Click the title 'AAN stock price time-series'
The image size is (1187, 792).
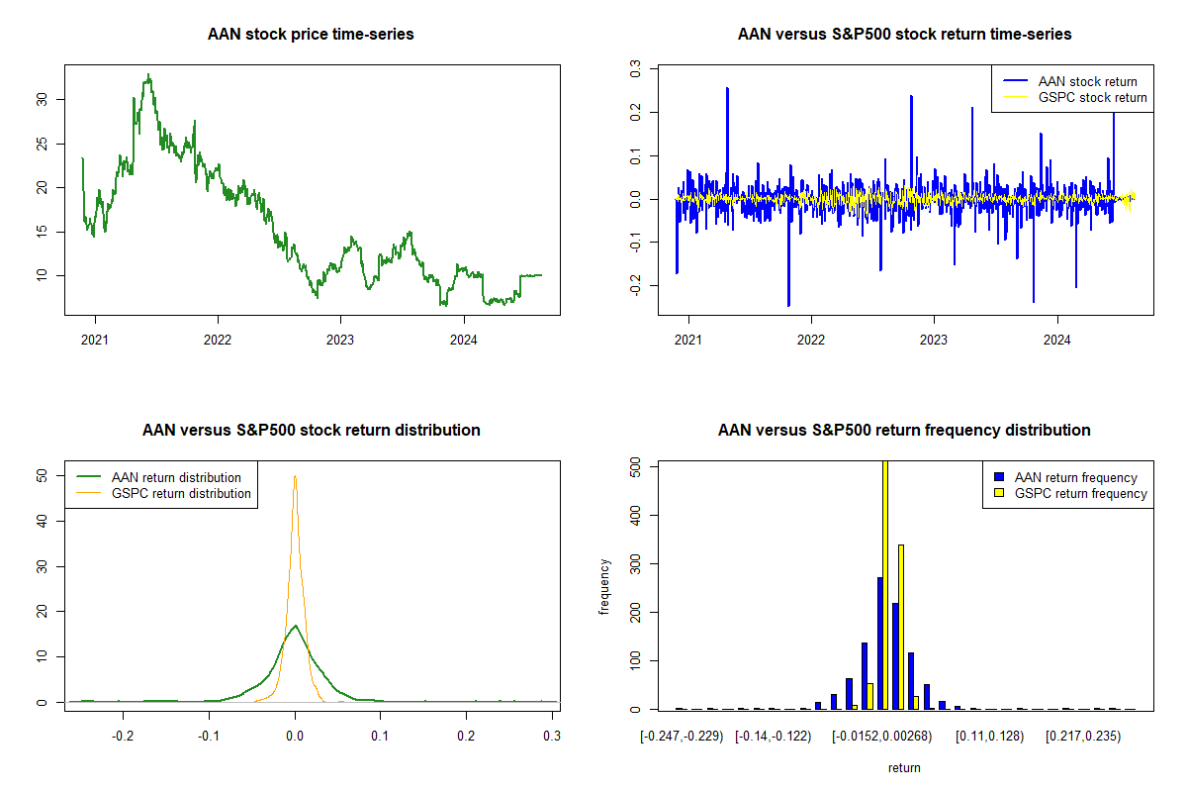coord(311,35)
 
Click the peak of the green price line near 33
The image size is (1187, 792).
coord(148,75)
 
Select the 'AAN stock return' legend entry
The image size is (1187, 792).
coord(1087,81)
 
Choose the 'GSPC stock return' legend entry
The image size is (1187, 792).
coord(1092,97)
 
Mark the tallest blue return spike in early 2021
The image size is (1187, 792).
coord(727,89)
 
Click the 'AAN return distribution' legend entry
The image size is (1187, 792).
coord(177,477)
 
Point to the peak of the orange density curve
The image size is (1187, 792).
coord(295,476)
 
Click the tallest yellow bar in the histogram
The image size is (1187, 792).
coord(884,584)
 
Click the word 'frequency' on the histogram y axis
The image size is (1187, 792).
coord(604,586)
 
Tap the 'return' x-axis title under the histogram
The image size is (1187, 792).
coord(904,767)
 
